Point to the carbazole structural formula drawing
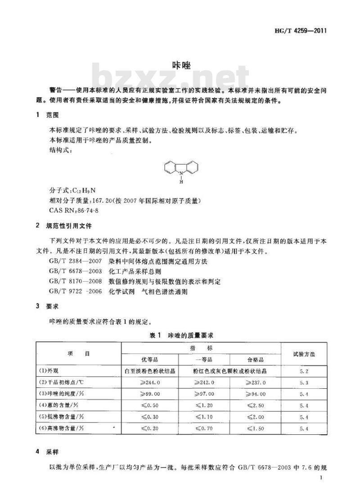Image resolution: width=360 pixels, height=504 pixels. tap(181, 171)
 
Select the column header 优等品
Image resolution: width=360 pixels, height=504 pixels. tap(150, 360)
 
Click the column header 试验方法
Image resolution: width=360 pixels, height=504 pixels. tap(304, 354)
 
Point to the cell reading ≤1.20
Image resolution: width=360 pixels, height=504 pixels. tap(204, 406)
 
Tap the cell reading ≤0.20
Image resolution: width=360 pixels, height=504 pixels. tap(150, 429)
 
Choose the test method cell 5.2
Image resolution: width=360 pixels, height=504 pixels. tap(304, 371)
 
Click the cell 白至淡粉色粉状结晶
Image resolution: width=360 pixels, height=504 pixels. tap(150, 371)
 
